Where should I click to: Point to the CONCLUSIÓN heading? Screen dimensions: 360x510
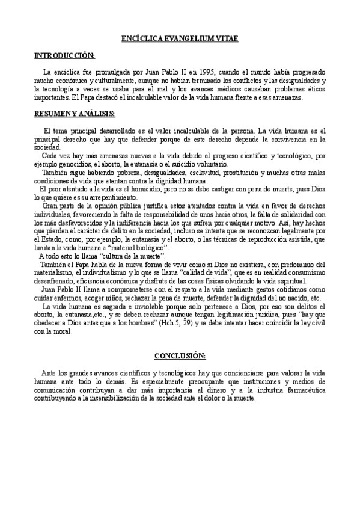point(180,355)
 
